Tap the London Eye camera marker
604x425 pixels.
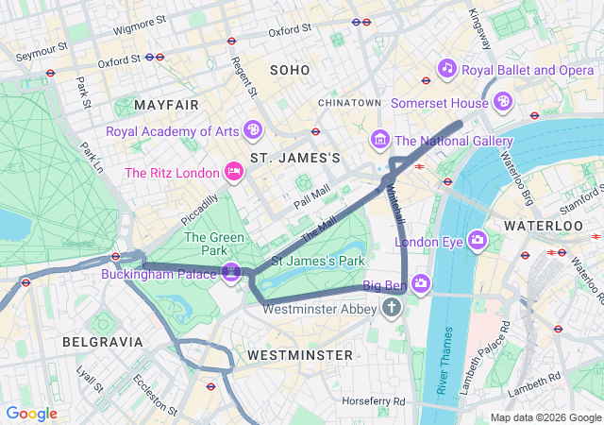[x=477, y=241]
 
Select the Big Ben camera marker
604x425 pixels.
[x=420, y=282]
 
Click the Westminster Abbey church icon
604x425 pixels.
[x=394, y=308]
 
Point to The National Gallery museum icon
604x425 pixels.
[x=380, y=141]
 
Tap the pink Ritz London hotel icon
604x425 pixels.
[x=233, y=172]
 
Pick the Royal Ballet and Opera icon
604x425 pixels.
[x=447, y=69]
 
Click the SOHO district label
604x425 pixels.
[x=289, y=70]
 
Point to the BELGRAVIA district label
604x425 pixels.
[x=103, y=341]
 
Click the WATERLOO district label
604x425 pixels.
[x=544, y=227]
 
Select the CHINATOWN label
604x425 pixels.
[x=349, y=102]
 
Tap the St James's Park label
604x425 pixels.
[x=317, y=260]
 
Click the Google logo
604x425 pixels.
[x=31, y=414]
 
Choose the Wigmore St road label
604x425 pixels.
[x=140, y=24]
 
